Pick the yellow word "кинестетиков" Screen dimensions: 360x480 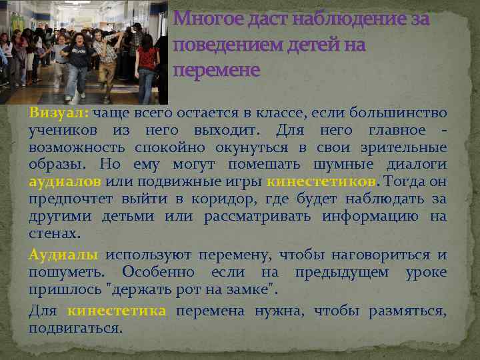pos(322,182)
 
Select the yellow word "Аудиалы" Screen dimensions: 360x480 pos(63,255)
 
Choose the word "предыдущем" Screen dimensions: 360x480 pos(345,273)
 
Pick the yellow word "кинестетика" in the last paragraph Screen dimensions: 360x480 pos(117,311)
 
